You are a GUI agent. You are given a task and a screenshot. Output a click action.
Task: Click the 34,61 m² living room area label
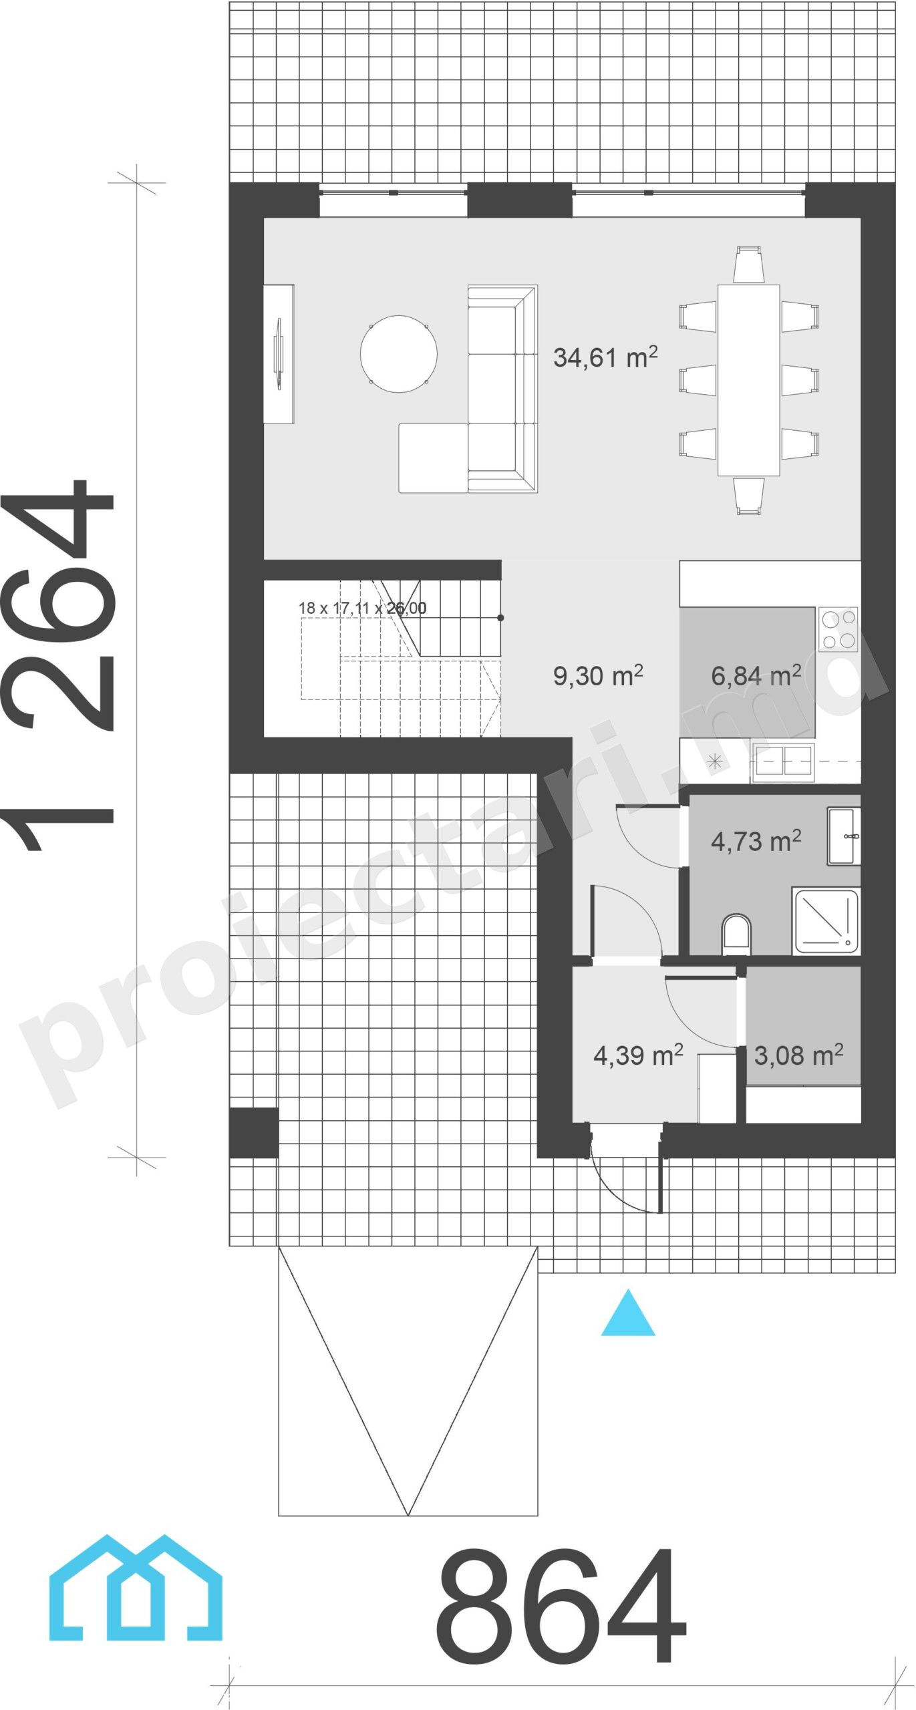click(605, 357)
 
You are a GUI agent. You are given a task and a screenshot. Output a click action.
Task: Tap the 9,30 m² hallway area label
click(598, 675)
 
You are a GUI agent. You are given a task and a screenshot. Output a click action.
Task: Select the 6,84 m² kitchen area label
click(756, 675)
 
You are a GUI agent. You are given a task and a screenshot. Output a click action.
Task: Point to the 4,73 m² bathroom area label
click(756, 841)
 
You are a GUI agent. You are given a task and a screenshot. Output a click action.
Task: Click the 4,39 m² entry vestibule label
click(638, 1055)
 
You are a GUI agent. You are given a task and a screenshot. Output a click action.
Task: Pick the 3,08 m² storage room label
click(798, 1055)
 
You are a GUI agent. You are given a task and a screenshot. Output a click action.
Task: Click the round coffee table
click(399, 353)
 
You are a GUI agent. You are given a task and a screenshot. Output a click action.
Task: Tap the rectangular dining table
click(748, 380)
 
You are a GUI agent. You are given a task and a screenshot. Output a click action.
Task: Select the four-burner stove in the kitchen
click(838, 629)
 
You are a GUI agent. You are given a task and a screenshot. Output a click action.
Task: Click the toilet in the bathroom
click(736, 933)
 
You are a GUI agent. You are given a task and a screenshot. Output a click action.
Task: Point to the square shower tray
click(826, 920)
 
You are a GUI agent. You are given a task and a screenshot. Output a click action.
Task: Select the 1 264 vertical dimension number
click(58, 665)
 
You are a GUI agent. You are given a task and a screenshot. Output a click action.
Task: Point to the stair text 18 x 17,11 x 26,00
click(362, 608)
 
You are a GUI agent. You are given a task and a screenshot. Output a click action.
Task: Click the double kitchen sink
click(783, 761)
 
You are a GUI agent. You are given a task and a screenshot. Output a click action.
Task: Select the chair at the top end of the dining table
click(748, 265)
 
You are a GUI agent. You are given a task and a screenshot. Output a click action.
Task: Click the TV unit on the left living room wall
click(279, 353)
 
